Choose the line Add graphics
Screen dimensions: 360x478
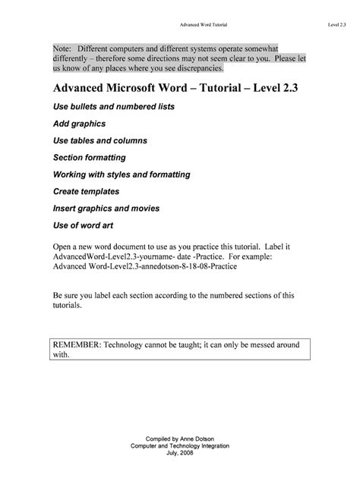(x=79, y=123)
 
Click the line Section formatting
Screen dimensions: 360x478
(x=90, y=158)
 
